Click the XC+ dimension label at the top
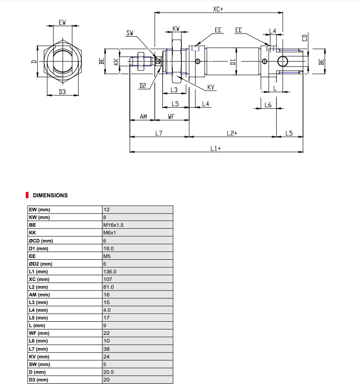point(219,9)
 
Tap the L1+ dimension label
point(216,148)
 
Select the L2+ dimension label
point(232,133)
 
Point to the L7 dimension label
point(158,133)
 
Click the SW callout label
point(130,33)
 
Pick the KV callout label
point(211,87)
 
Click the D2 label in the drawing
point(142,86)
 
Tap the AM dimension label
point(143,117)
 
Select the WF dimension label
point(171,117)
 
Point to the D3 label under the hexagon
point(62,92)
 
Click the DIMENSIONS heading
point(50,195)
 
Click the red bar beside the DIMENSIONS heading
point(27,195)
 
